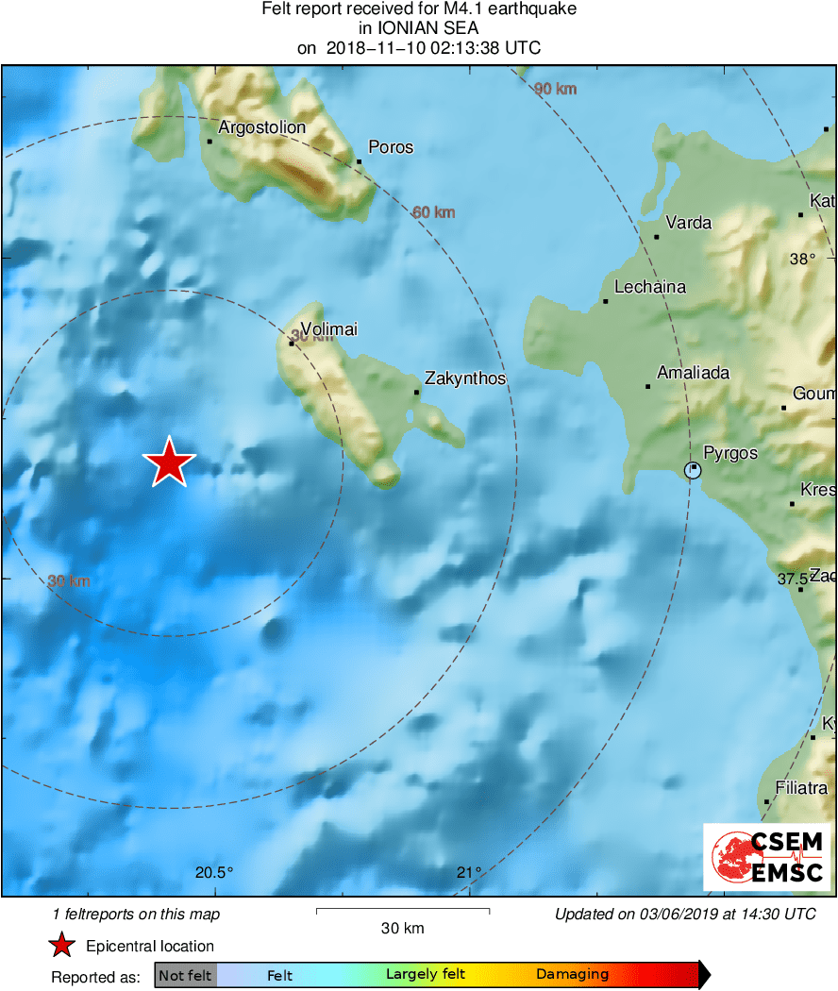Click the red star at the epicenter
[x=169, y=462]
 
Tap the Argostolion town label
[x=261, y=127]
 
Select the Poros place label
[x=391, y=147]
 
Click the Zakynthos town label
[x=465, y=378]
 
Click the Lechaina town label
[x=650, y=287]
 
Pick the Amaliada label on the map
[x=693, y=373]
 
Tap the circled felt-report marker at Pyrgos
[x=693, y=469]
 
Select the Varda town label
[x=689, y=223]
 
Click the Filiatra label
[x=801, y=787]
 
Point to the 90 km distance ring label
[x=555, y=89]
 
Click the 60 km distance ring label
[x=434, y=212]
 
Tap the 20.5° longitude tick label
[x=214, y=872]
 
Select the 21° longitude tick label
[x=469, y=872]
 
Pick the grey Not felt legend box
[x=185, y=975]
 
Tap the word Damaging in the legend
[x=572, y=975]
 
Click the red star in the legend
[x=62, y=946]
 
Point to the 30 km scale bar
[x=402, y=912]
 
